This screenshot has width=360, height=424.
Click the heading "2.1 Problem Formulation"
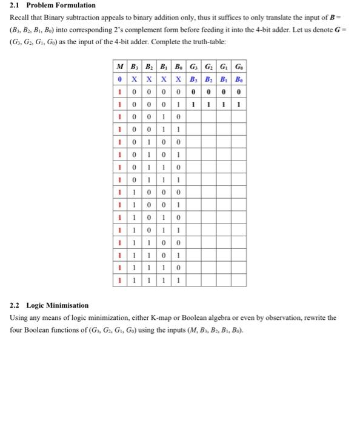coord(53,5)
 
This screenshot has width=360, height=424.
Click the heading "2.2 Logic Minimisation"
coord(49,305)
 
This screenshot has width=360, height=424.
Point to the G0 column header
coord(240,67)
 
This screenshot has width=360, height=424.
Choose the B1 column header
coord(162,67)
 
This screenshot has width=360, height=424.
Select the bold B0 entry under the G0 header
coord(240,79)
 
